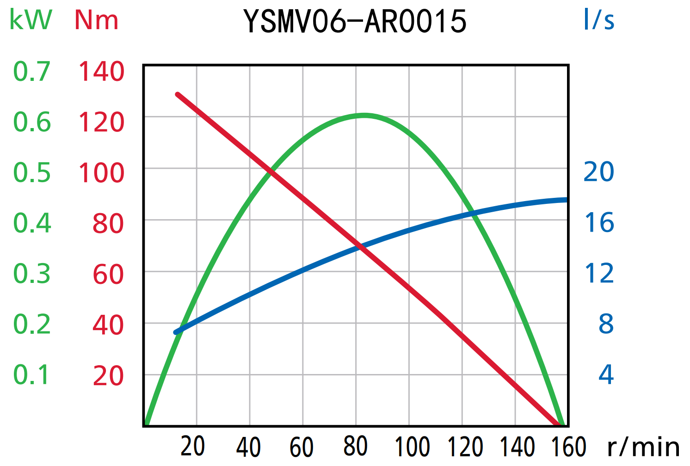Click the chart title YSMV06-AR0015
click(355, 22)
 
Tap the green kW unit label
click(31, 20)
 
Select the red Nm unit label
click(96, 20)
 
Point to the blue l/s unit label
click(598, 20)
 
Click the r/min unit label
click(643, 447)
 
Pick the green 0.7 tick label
click(31, 72)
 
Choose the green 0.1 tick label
click(31, 375)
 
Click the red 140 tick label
click(101, 72)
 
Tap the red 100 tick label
click(101, 173)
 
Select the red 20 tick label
click(108, 376)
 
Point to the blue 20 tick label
click(598, 172)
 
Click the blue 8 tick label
click(606, 324)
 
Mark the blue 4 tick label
click(606, 374)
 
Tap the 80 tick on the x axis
click(356, 447)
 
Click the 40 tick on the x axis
click(249, 447)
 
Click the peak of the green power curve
click(364, 115)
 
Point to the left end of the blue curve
click(176, 332)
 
